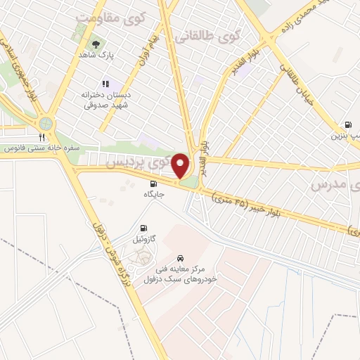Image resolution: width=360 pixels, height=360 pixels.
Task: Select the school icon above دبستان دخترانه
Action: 106,84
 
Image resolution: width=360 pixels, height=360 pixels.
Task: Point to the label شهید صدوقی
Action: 99,105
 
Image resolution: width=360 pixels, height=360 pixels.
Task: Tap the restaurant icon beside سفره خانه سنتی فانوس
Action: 42,137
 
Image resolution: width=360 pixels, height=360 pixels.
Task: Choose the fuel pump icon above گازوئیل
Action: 143,228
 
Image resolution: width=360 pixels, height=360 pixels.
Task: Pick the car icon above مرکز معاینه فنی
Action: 181,258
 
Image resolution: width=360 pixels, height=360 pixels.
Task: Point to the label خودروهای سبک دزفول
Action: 174,279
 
